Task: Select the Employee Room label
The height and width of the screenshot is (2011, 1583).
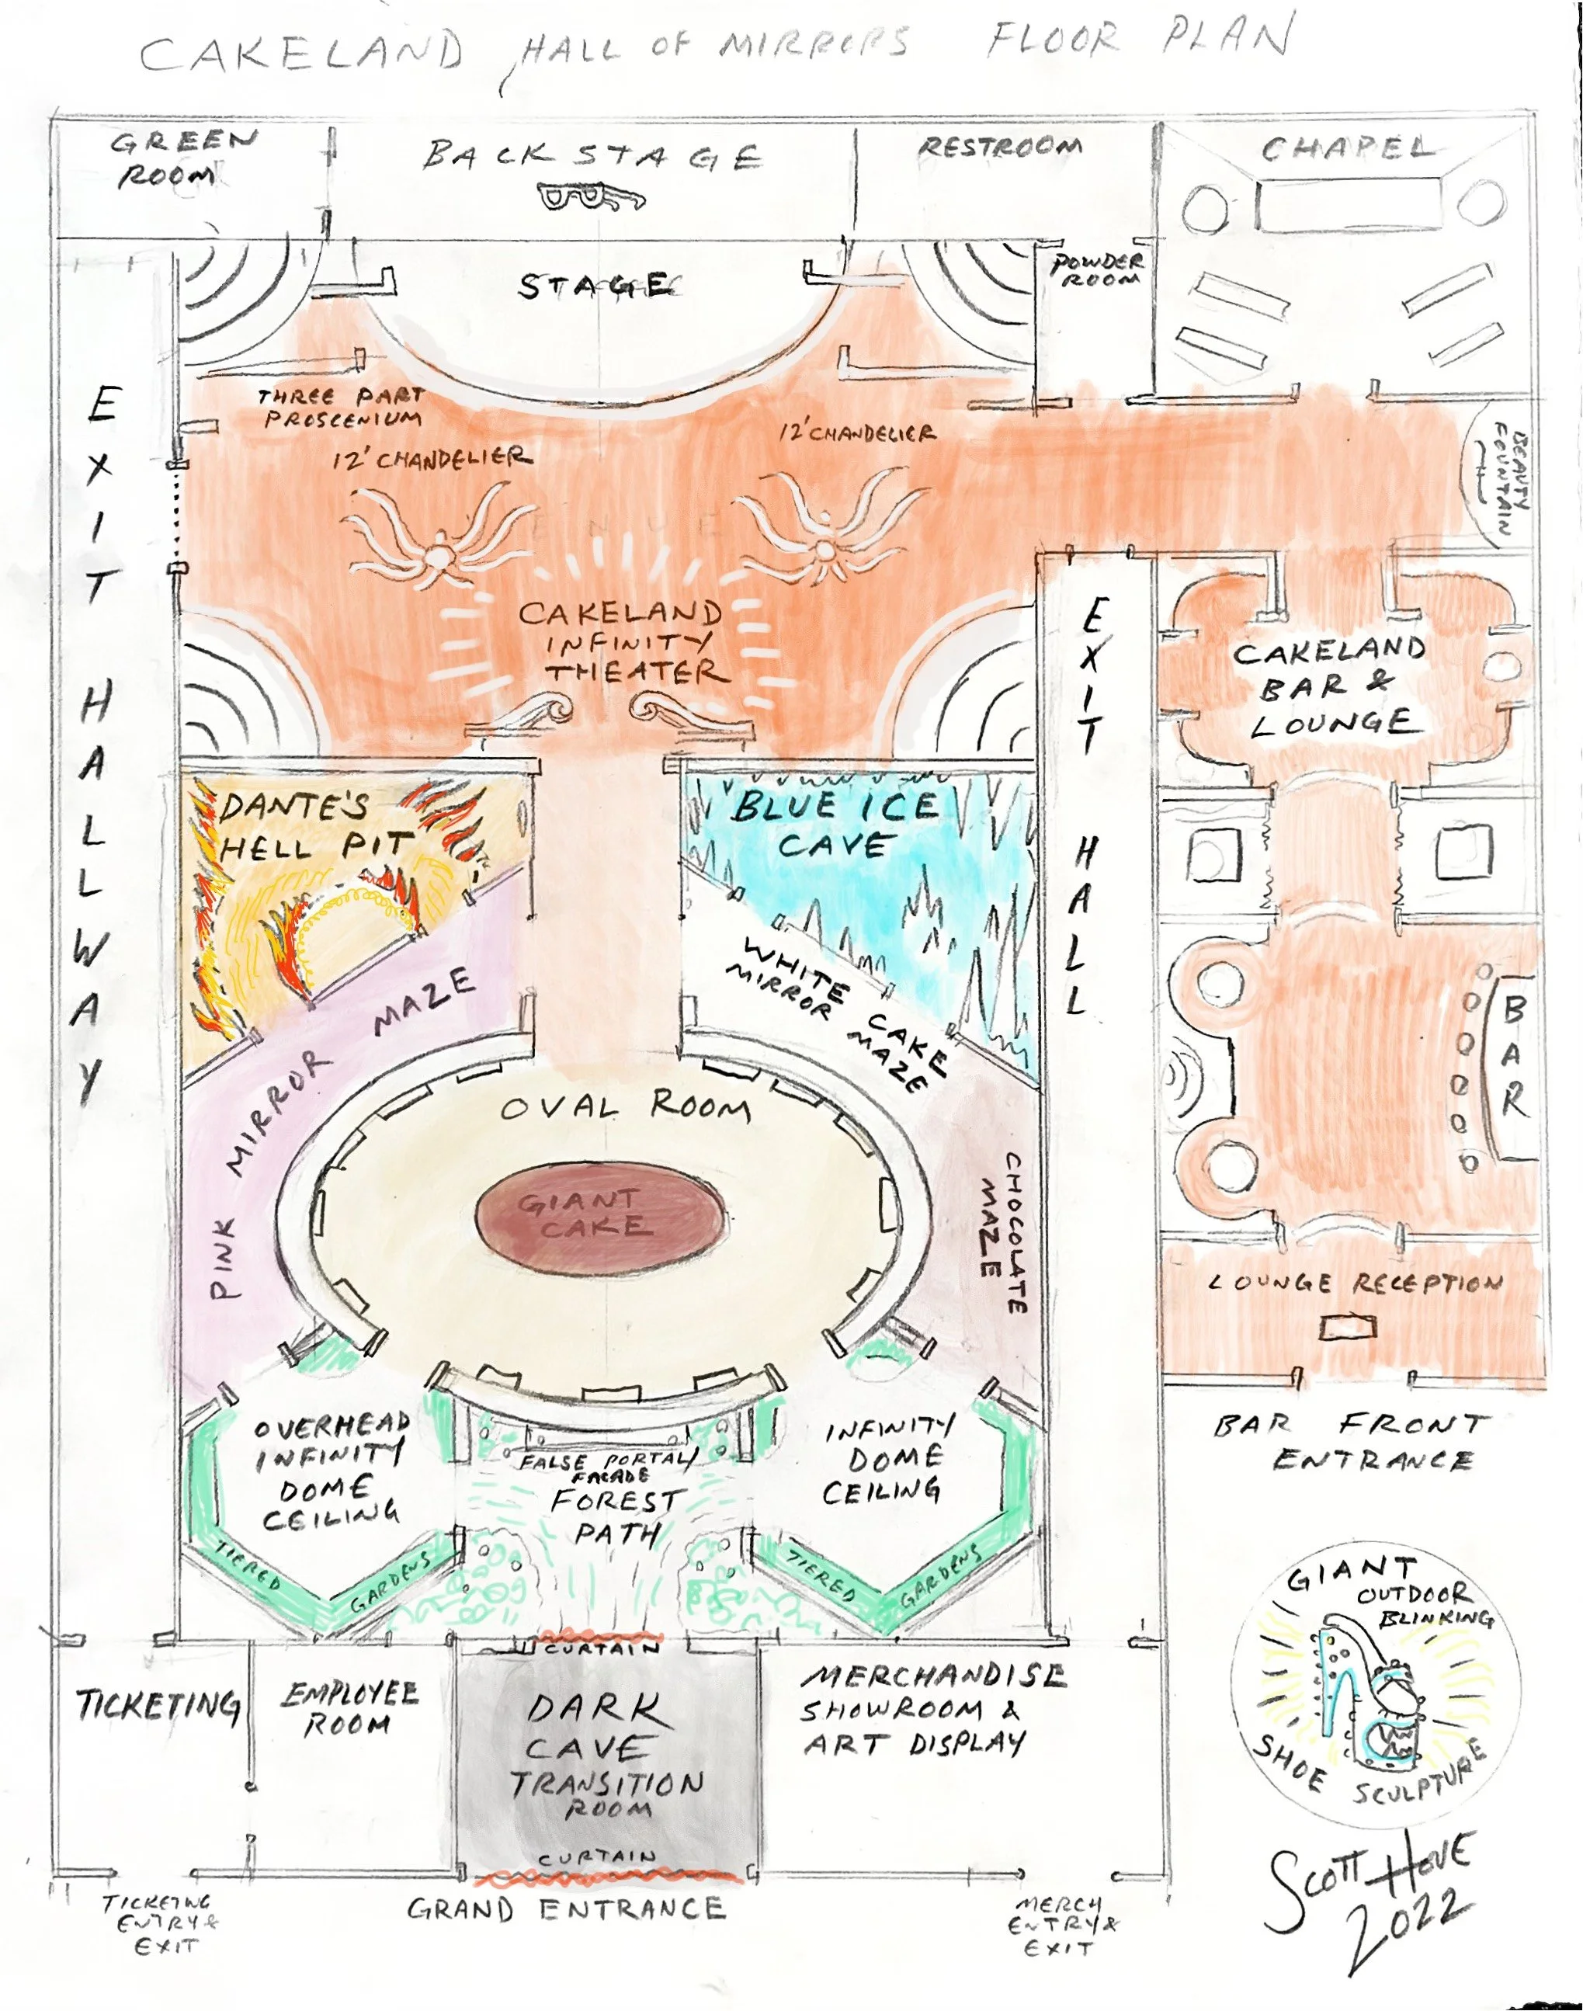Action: [x=350, y=1709]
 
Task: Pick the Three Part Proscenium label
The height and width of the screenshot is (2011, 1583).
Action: [x=341, y=408]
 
